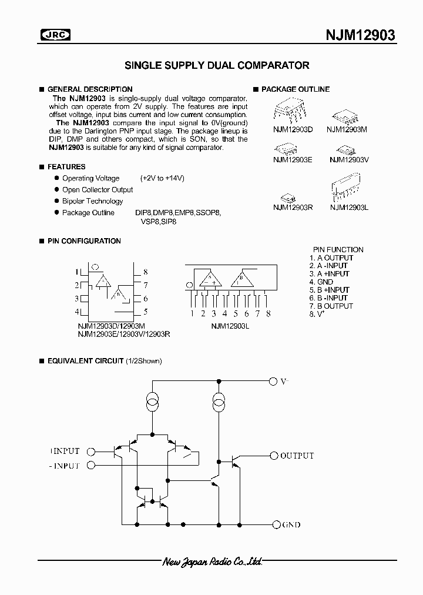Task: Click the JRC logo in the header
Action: (x=55, y=35)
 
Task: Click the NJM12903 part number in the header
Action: (x=360, y=35)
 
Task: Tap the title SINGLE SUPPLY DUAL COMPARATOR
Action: (x=217, y=65)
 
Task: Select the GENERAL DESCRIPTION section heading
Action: (x=89, y=89)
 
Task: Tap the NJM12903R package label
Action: (x=293, y=207)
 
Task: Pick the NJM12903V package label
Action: (x=349, y=159)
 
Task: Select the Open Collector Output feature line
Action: (x=98, y=190)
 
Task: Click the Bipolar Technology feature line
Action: (x=93, y=201)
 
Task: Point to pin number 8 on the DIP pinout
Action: (x=145, y=272)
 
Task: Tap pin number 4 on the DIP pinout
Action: (x=77, y=312)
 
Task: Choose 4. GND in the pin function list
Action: (x=321, y=282)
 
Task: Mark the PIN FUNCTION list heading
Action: (x=338, y=249)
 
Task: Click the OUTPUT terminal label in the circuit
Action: (x=297, y=456)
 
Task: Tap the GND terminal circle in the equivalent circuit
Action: (x=273, y=524)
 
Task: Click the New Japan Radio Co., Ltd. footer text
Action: (x=212, y=563)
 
